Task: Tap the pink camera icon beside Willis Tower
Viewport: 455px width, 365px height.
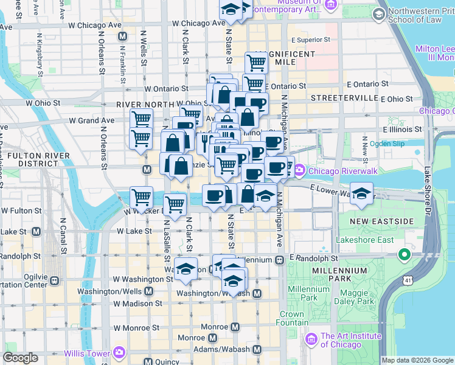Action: (119, 353)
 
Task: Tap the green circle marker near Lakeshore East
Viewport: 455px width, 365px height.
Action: (403, 254)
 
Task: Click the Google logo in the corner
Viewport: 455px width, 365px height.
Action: (20, 358)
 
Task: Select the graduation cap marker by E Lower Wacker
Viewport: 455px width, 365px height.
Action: (362, 194)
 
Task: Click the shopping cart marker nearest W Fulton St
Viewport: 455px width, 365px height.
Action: (142, 197)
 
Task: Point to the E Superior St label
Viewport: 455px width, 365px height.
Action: (310, 40)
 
